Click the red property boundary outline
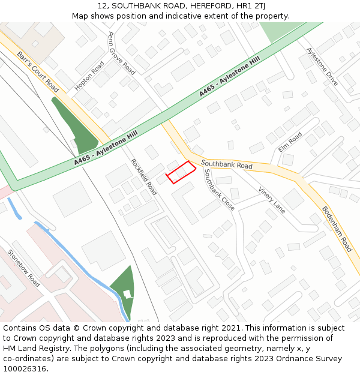tap(181, 172)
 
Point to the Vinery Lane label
tap(272, 199)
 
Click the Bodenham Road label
tap(337, 229)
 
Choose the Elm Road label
tap(290, 142)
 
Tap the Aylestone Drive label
tap(322, 66)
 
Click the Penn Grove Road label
tap(121, 53)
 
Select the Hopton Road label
tap(89, 76)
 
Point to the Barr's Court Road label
tap(38, 71)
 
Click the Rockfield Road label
tap(144, 176)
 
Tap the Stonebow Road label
tap(23, 268)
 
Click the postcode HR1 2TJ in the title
tap(256, 5)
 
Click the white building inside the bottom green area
tap(127, 293)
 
